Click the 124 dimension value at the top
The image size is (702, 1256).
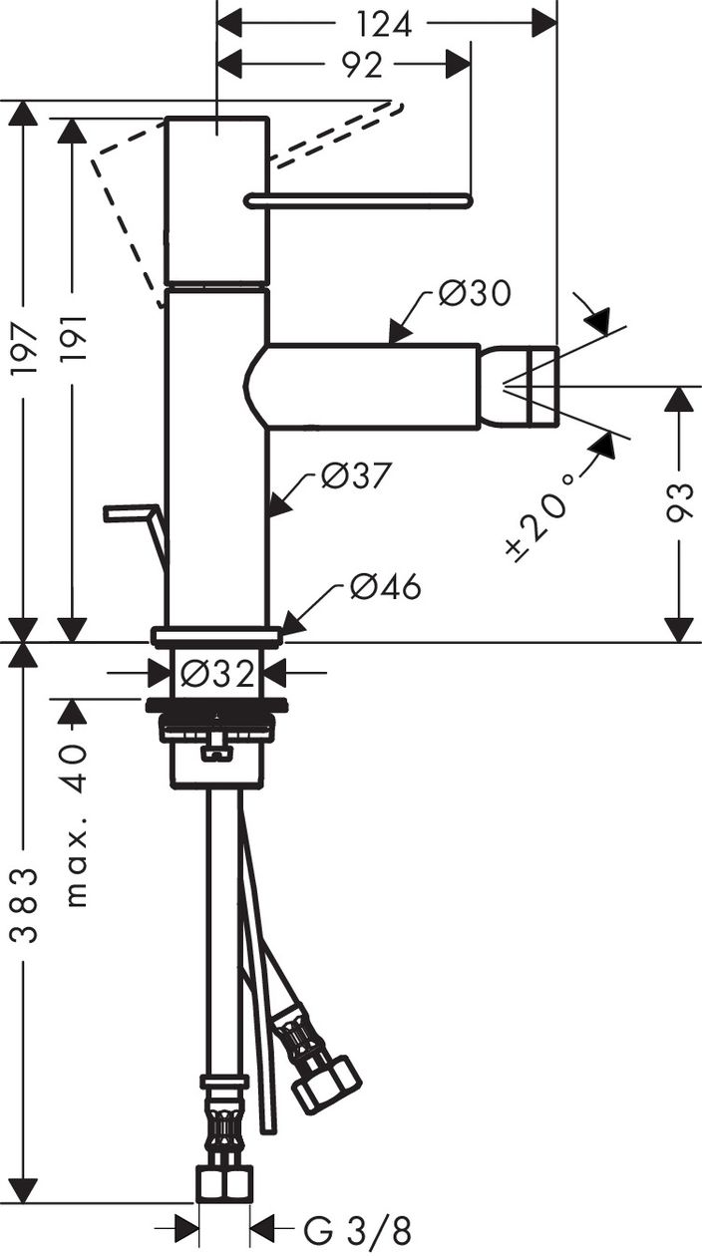point(385,25)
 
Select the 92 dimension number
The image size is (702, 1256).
point(363,66)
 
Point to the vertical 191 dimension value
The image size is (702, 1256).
point(73,338)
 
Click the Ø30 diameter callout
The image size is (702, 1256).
point(475,293)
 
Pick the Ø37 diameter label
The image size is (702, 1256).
point(356,475)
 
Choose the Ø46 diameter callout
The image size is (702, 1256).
point(386,587)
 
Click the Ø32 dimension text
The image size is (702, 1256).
point(217,674)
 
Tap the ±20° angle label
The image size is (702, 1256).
point(539,517)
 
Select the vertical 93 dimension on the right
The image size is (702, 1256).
point(680,503)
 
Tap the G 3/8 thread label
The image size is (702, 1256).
point(358,1231)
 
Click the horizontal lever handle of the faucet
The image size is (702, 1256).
point(359,200)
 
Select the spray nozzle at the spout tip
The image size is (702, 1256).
point(519,385)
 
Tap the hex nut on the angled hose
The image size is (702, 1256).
point(327,1085)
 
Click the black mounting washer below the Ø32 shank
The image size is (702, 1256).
point(217,705)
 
